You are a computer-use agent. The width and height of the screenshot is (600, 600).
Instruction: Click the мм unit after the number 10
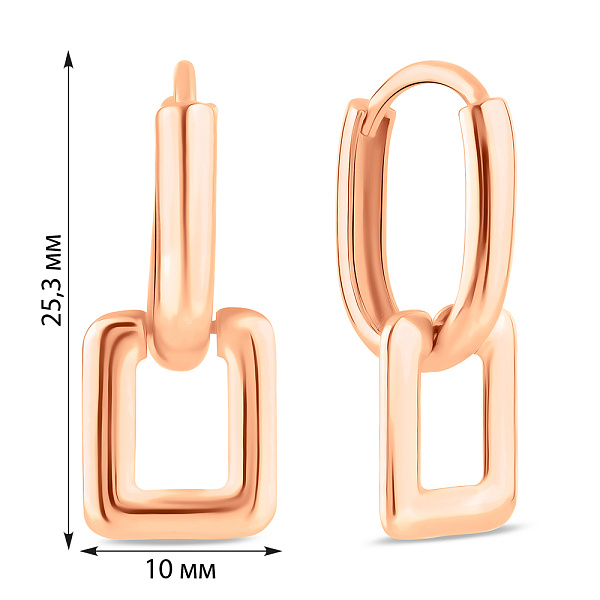(x=196, y=571)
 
